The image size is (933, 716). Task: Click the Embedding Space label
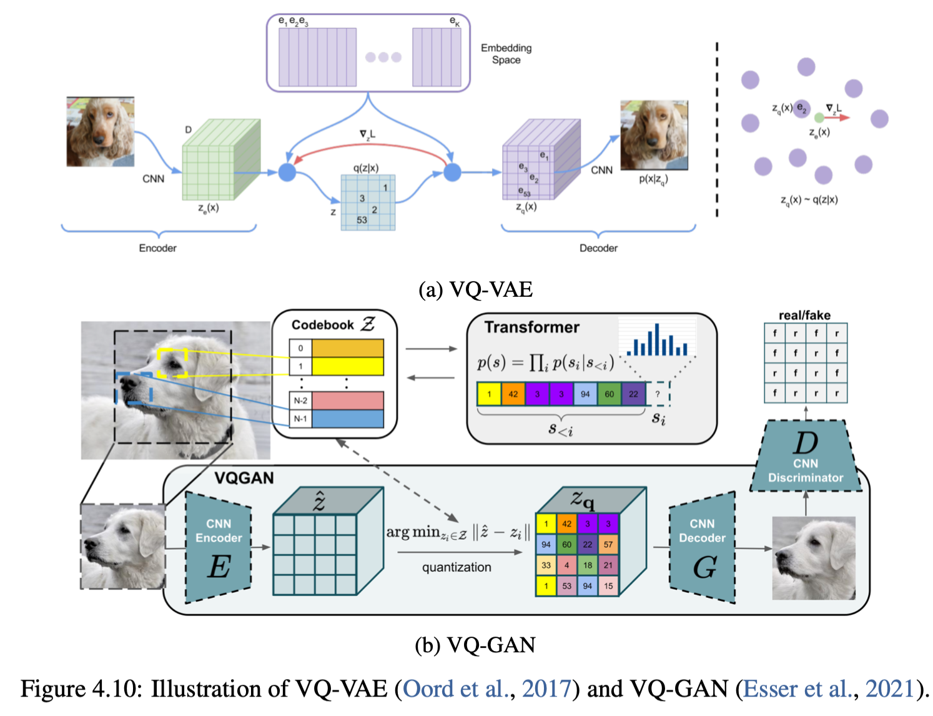[506, 54]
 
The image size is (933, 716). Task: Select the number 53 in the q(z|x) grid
[362, 220]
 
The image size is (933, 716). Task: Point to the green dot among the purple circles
[819, 117]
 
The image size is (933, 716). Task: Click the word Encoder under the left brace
[157, 248]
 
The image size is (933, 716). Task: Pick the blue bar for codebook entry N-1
[347, 419]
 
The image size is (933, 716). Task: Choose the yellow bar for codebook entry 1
[347, 366]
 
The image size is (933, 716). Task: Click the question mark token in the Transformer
[658, 394]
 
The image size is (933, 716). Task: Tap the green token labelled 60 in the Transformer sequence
[609, 394]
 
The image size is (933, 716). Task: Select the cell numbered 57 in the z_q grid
[608, 544]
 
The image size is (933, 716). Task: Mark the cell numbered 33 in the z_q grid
[546, 565]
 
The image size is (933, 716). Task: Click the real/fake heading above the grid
[804, 316]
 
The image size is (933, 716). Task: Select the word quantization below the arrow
[457, 567]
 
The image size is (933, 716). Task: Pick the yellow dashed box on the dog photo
[172, 363]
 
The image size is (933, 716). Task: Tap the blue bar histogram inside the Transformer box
[656, 341]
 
